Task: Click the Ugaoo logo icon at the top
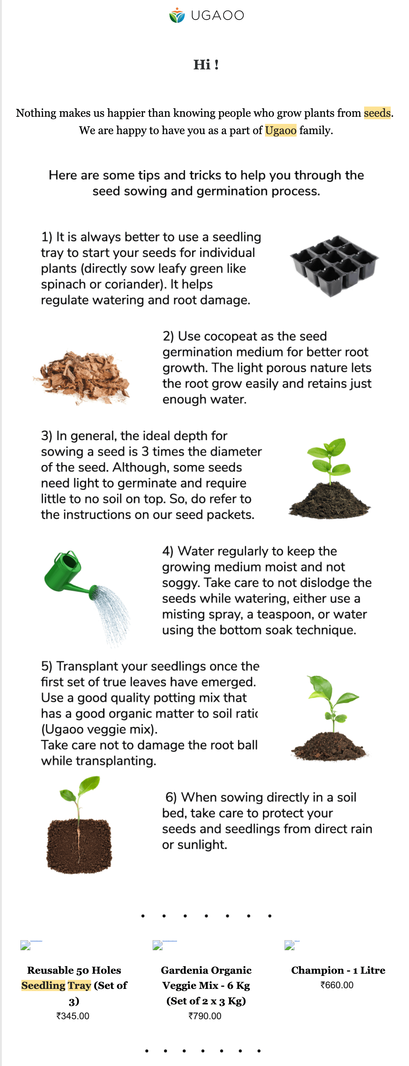coord(177,15)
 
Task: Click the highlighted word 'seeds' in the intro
coord(377,113)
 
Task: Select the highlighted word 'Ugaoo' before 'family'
coord(281,130)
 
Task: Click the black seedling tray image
coord(334,266)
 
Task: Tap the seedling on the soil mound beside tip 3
coord(330,478)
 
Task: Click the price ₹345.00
coord(73,1016)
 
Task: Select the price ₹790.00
coord(205,1016)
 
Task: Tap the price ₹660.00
coord(337,985)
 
